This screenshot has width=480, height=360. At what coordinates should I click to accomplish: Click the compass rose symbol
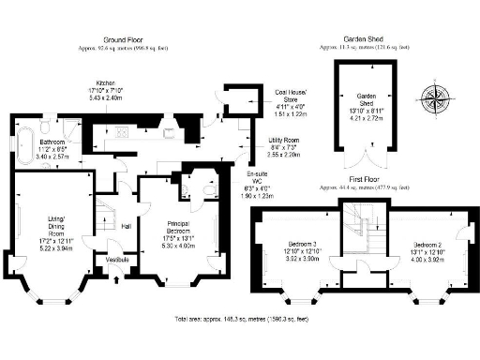pyautogui.click(x=435, y=96)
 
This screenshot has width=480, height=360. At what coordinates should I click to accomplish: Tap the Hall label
pyautogui.click(x=124, y=225)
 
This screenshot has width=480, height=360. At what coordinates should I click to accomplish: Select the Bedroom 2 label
pyautogui.click(x=427, y=246)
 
